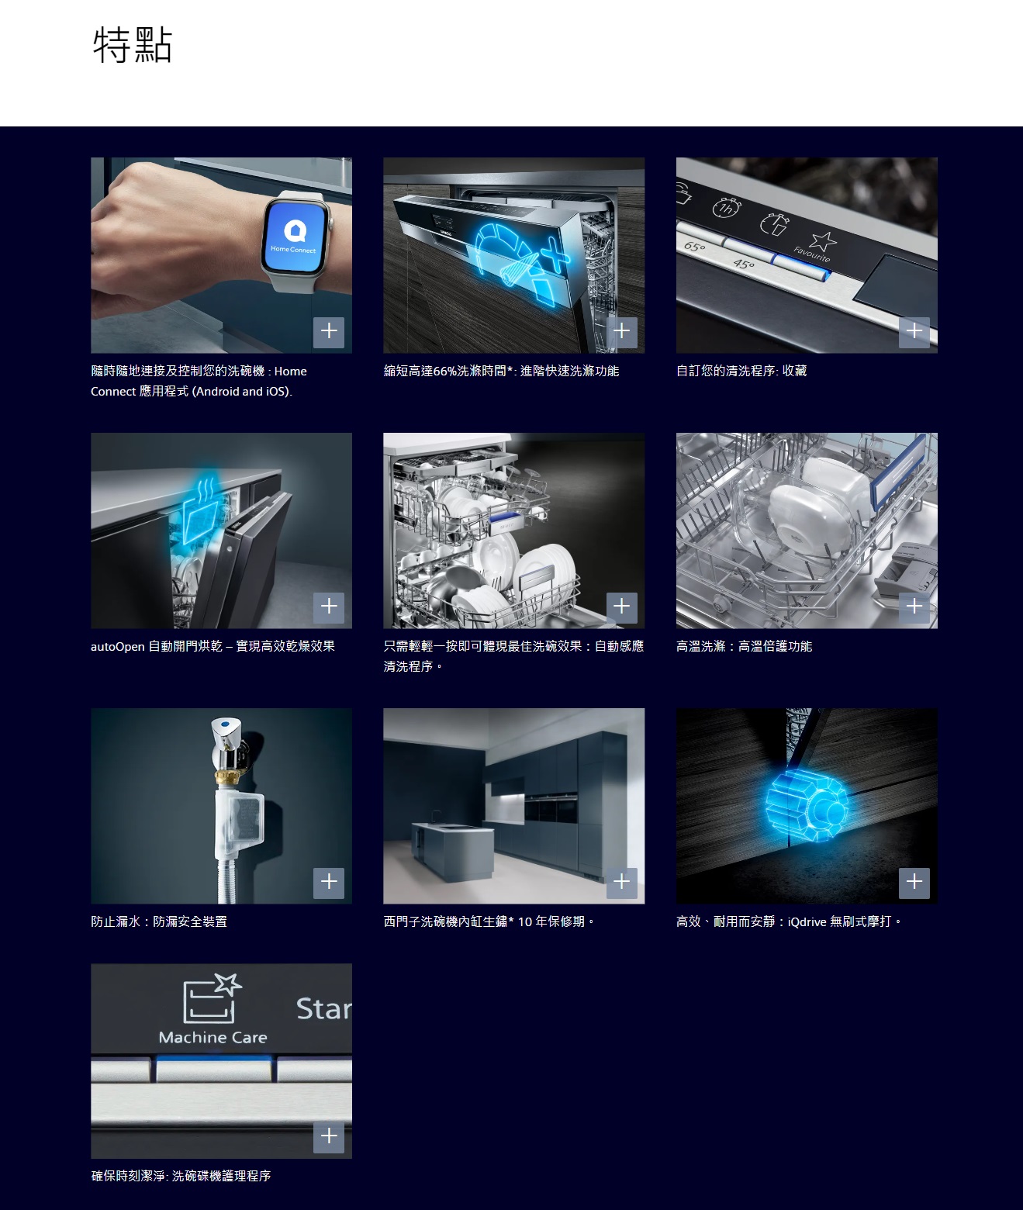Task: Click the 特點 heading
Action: click(133, 44)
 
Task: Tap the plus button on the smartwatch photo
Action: click(329, 332)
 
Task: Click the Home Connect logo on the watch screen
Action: click(295, 230)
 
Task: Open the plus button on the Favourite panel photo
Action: click(914, 332)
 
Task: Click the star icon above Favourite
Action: click(823, 240)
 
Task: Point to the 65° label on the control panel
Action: click(695, 247)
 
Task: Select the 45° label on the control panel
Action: click(744, 264)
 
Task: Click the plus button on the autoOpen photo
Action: click(329, 607)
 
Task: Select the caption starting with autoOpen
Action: click(213, 646)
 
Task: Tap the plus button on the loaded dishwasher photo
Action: click(621, 607)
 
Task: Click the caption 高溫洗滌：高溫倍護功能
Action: click(744, 646)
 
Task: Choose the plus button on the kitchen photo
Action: click(621, 882)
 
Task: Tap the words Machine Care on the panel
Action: click(213, 1037)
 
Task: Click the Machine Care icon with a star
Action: click(212, 997)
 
